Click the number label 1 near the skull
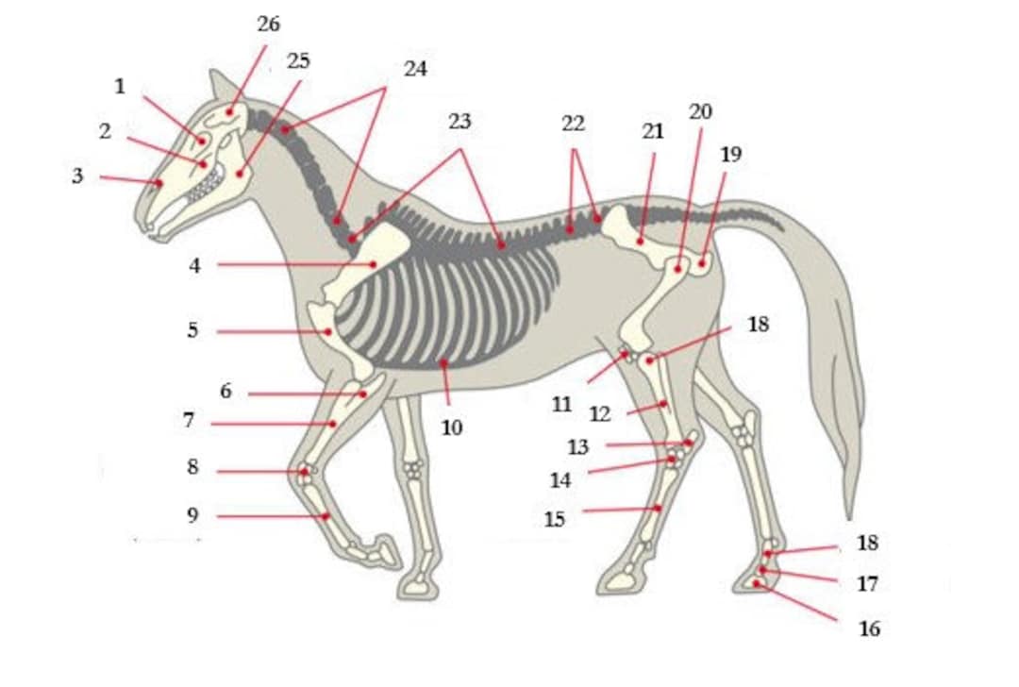(x=120, y=87)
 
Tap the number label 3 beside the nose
(x=77, y=176)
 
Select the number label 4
(x=194, y=265)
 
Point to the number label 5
(x=192, y=331)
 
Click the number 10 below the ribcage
(x=452, y=427)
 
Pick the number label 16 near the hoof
(x=869, y=628)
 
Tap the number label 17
(x=867, y=584)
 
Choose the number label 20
(x=700, y=111)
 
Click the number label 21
(x=653, y=131)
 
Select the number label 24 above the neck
(x=415, y=69)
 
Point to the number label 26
(x=269, y=25)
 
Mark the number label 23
(x=459, y=122)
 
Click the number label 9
(x=192, y=515)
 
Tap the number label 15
(x=555, y=519)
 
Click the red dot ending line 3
(x=159, y=182)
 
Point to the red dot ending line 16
(x=756, y=583)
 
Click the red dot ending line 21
(x=641, y=241)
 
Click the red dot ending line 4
(x=374, y=264)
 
